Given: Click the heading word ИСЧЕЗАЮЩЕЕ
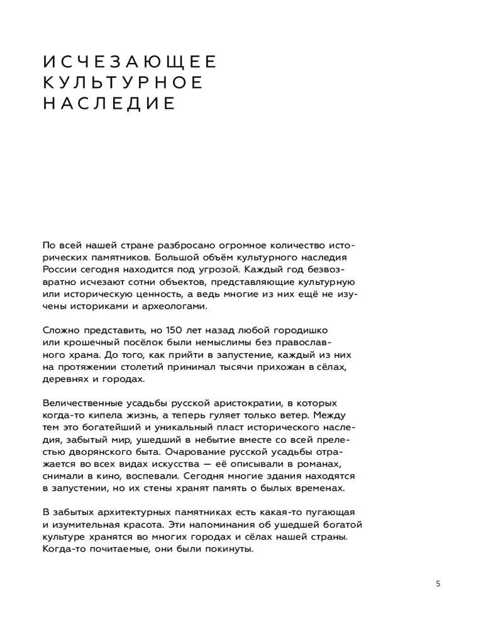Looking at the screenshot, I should click(x=130, y=62).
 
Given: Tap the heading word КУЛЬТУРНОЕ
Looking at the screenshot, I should click(x=123, y=82).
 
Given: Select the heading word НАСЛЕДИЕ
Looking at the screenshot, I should click(x=108, y=103).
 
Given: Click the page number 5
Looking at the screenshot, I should click(x=438, y=583).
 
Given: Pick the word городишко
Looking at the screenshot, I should click(x=301, y=330).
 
